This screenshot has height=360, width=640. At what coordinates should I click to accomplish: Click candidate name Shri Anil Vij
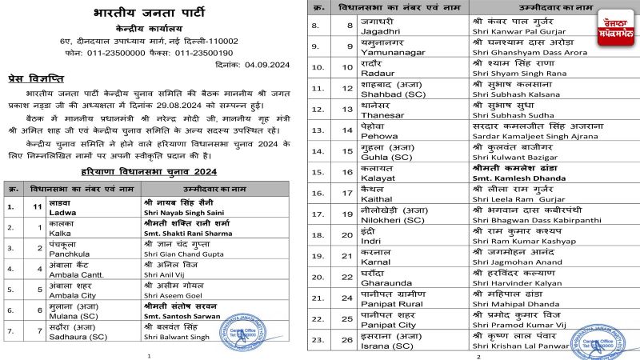click(x=166, y=274)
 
